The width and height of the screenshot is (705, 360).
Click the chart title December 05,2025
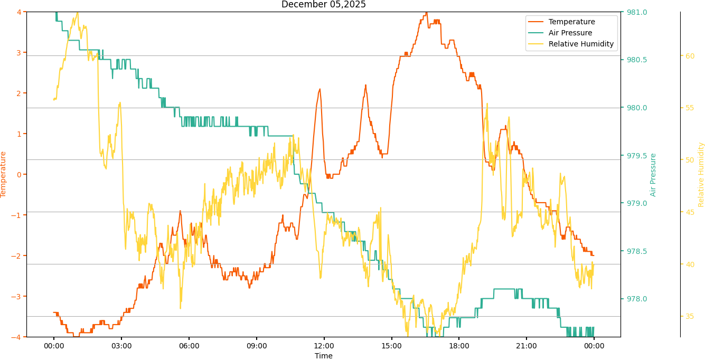pos(323,5)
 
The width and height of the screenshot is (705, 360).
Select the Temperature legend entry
pos(571,22)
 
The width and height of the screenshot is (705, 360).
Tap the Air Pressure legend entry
pos(570,33)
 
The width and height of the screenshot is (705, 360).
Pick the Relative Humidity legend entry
pos(581,44)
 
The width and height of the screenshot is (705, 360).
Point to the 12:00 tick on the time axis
pos(324,346)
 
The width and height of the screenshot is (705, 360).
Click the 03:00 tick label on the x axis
pos(121,346)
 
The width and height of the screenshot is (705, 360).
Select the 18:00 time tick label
pos(459,346)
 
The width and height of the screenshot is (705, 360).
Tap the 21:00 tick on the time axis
pos(527,346)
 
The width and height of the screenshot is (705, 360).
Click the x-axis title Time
pos(323,356)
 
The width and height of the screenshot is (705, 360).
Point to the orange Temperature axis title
pos(4,174)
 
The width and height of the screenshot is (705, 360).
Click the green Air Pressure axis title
pos(653,175)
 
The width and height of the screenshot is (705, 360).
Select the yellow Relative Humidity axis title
pos(701,174)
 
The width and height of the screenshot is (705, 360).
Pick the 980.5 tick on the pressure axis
pos(636,60)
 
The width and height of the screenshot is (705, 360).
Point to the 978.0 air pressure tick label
pos(636,299)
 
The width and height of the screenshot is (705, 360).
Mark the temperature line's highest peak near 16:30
pos(426,12)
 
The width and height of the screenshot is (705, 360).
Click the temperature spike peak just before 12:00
pos(319,89)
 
